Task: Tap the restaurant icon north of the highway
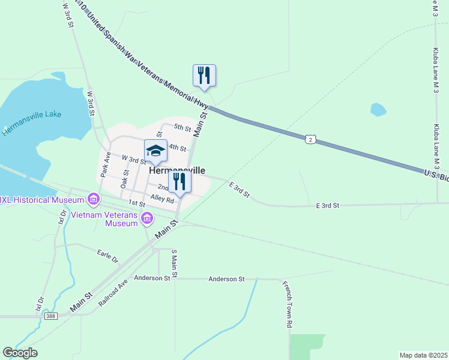(x=204, y=76)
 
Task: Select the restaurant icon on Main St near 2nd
(x=179, y=182)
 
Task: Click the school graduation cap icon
(x=155, y=151)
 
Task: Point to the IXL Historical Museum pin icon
(x=93, y=198)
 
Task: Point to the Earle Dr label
(x=108, y=256)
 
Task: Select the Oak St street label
(x=125, y=179)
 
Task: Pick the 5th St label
(x=182, y=128)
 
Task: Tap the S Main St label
(x=174, y=264)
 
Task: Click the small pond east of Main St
(x=378, y=110)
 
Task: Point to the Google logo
(x=20, y=353)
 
